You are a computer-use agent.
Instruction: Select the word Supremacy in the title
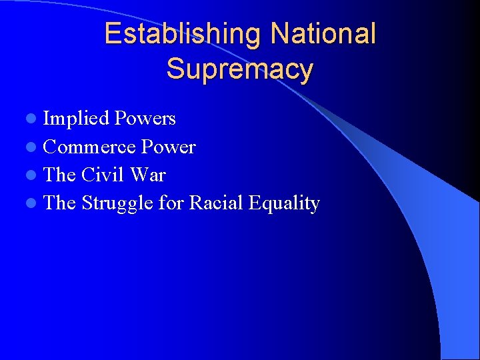240,69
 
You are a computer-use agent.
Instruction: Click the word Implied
76,119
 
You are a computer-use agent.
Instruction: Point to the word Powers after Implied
145,119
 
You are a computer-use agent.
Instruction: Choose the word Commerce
90,147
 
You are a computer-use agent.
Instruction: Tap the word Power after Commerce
169,147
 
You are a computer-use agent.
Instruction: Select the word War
148,175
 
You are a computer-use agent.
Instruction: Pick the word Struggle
117,203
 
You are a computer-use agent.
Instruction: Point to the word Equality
284,203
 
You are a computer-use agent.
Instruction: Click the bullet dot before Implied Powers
32,119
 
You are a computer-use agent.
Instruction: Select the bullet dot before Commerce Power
32,147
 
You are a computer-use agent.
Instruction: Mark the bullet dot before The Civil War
32,175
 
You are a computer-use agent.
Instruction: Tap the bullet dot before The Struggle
32,203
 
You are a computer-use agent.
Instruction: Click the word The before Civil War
59,175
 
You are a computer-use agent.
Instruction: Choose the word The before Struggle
59,203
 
